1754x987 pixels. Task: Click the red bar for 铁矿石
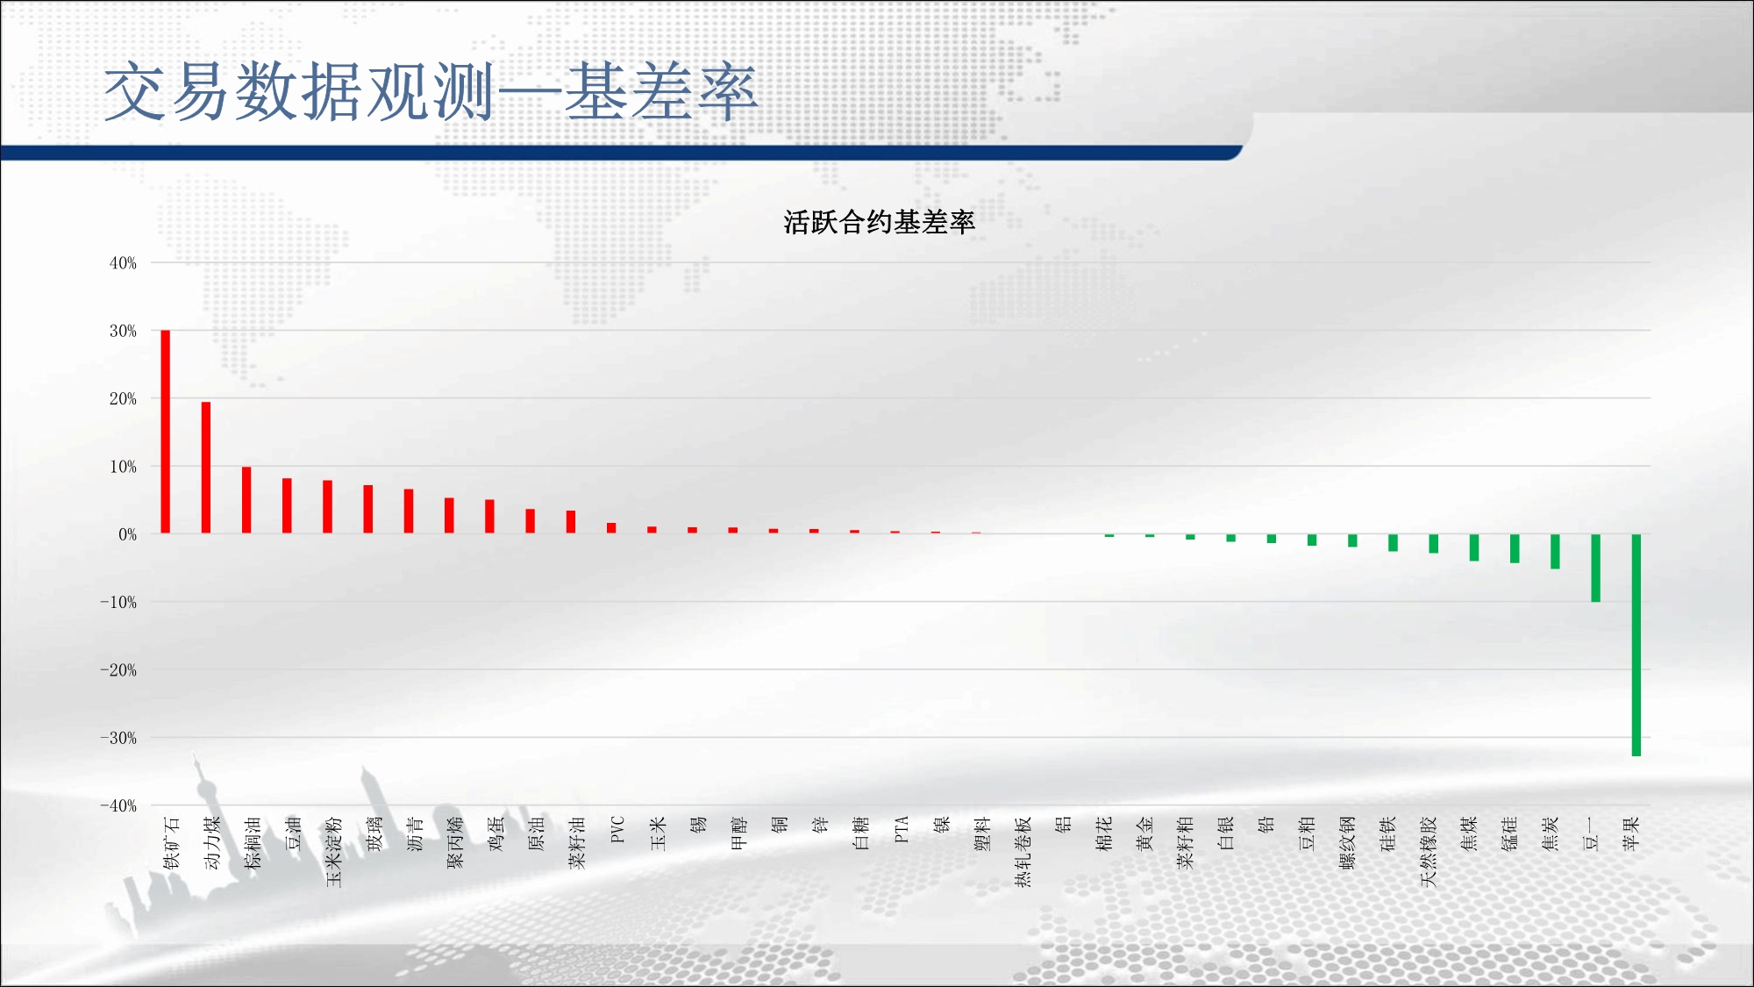click(x=166, y=432)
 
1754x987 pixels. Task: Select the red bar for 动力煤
click(x=206, y=468)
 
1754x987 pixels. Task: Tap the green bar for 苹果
click(x=1636, y=645)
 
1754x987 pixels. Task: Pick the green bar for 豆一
click(x=1596, y=568)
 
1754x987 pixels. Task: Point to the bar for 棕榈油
click(x=246, y=500)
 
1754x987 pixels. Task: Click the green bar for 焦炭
click(x=1555, y=551)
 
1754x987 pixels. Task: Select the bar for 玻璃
click(x=368, y=509)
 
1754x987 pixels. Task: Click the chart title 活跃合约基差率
click(x=880, y=222)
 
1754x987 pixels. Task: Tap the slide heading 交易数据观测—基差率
click(x=431, y=91)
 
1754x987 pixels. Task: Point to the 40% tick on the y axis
click(x=123, y=263)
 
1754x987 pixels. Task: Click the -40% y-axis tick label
click(x=118, y=805)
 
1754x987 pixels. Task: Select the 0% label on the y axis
click(x=128, y=534)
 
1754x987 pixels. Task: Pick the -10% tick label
click(x=118, y=602)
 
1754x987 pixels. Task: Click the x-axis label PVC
click(x=617, y=830)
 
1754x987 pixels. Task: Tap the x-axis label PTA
click(x=902, y=830)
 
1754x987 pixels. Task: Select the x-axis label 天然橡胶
click(x=1429, y=851)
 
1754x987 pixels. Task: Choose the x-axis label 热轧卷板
click(x=1023, y=851)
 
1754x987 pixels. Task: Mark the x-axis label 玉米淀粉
click(x=334, y=851)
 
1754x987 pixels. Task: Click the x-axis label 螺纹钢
click(x=1348, y=842)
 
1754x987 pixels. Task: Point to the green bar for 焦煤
click(x=1474, y=547)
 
